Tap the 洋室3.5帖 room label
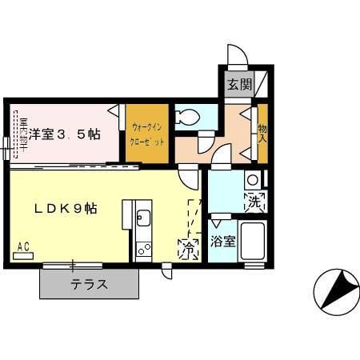coord(66,134)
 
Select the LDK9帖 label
coord(66,208)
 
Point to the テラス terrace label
coord(89,285)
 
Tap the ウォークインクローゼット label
coord(147,134)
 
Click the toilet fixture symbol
coord(187,117)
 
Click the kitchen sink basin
coord(143,218)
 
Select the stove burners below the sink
coord(144,249)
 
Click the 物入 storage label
coord(262,134)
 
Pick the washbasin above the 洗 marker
coord(252,179)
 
